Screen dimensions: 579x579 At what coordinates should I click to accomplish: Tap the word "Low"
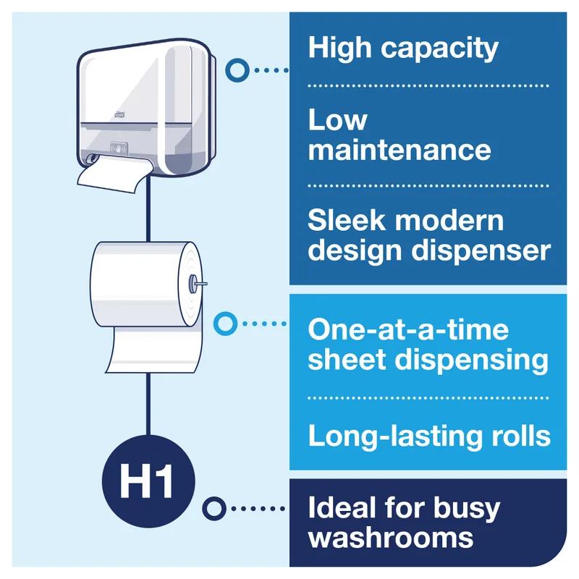[x=337, y=120]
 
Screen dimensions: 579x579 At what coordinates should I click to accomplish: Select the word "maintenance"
[x=400, y=151]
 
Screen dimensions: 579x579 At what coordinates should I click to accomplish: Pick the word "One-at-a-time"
[x=408, y=329]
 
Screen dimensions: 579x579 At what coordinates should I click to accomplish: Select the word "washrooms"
[x=391, y=538]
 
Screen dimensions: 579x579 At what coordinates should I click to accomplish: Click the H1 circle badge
[x=148, y=481]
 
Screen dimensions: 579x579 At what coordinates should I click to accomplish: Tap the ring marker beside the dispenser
[x=235, y=70]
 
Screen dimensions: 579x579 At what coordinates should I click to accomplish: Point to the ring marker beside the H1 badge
[x=212, y=508]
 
